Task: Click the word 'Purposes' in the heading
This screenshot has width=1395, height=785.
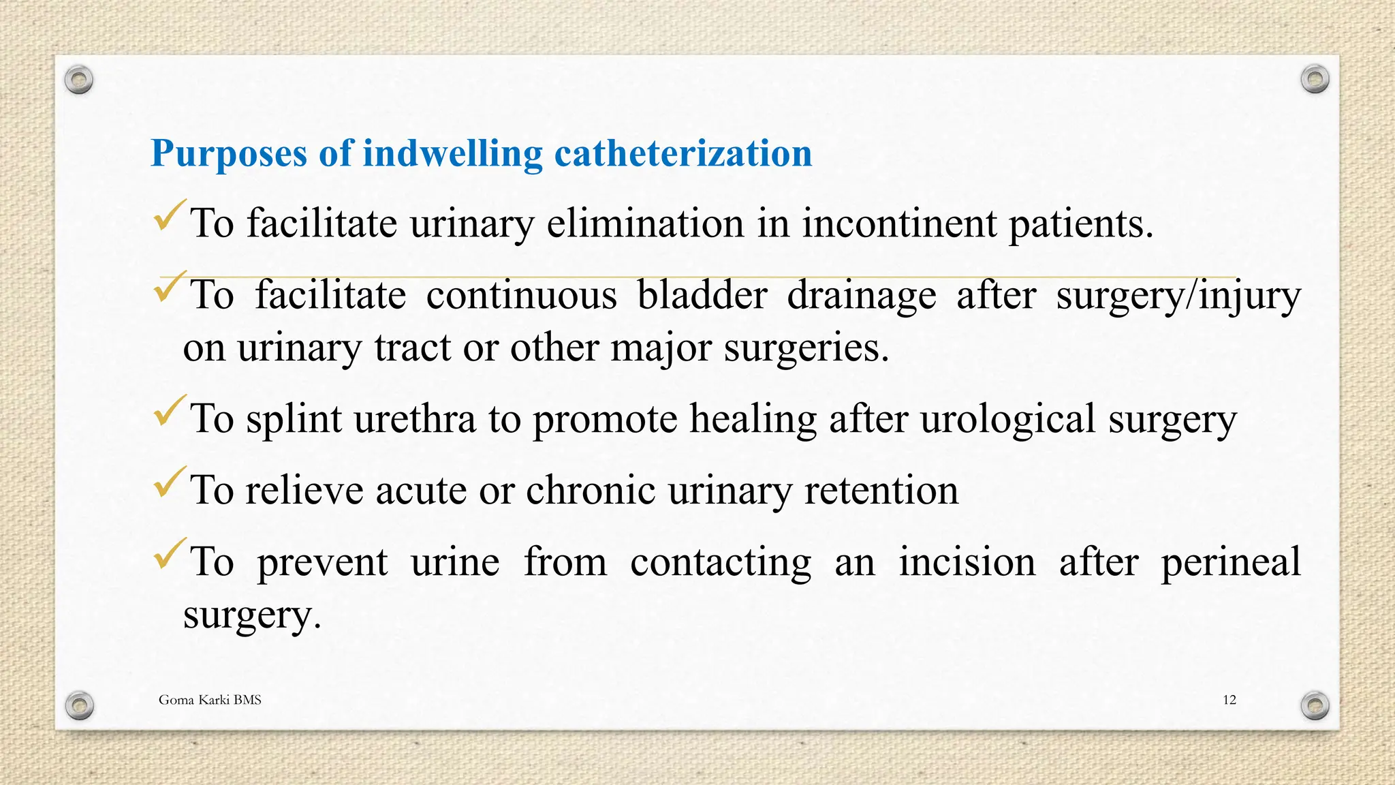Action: [x=228, y=154]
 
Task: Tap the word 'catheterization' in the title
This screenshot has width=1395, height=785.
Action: [x=683, y=153]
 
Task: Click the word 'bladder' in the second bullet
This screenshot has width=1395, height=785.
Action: [x=702, y=295]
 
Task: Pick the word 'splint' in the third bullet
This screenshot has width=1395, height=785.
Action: [x=293, y=418]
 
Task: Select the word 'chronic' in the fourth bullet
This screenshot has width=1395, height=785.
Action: [x=590, y=490]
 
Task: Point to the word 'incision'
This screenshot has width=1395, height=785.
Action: [x=967, y=562]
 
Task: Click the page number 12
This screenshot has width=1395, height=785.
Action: [x=1229, y=700]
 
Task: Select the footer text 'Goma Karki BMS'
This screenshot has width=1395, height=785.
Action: [x=210, y=700]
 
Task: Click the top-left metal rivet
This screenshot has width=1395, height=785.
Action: [x=79, y=80]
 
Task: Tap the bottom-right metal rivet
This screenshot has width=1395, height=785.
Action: [x=1315, y=705]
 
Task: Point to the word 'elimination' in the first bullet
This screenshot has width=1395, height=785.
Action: [x=645, y=224]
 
